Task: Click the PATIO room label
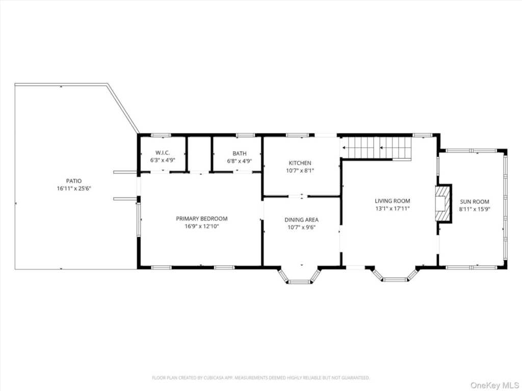(74, 181)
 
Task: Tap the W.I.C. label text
(163, 153)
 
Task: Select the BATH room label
(240, 153)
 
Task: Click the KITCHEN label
(300, 163)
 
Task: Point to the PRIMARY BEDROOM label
(202, 219)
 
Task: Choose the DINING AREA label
(301, 220)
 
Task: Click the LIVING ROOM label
(393, 201)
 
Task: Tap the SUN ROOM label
(475, 202)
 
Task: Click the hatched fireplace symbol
(443, 203)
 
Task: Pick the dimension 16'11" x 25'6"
(74, 188)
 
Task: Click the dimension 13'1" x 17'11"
(393, 208)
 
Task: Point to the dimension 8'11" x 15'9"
(475, 209)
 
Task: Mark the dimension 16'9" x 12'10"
(202, 227)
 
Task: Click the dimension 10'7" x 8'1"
(300, 171)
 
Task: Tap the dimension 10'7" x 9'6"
(301, 228)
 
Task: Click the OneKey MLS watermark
(494, 385)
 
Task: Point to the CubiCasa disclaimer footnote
(260, 378)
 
